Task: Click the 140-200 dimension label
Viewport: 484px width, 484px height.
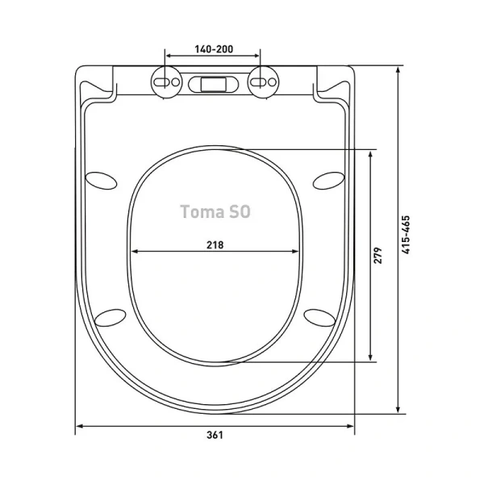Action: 214,49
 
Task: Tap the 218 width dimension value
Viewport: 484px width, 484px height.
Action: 215,245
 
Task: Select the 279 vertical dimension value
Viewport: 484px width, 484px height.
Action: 378,255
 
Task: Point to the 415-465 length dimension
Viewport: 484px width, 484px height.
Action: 407,235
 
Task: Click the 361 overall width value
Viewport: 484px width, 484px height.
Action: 215,435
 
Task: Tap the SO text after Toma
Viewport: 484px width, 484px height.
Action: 240,211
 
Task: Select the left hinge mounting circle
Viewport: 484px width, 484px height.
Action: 166,82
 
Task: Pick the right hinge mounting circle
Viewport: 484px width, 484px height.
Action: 263,82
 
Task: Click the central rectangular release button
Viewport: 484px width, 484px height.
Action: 214,84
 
